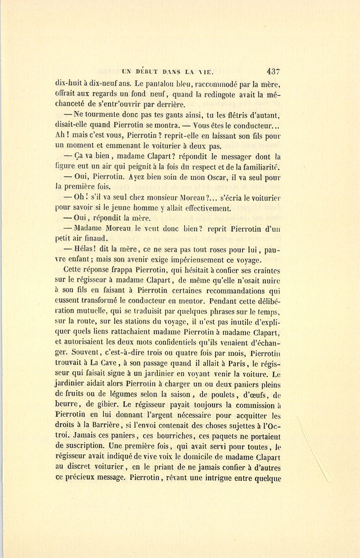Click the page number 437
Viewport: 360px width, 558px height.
[274, 72]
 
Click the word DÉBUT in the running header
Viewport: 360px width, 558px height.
[148, 72]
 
